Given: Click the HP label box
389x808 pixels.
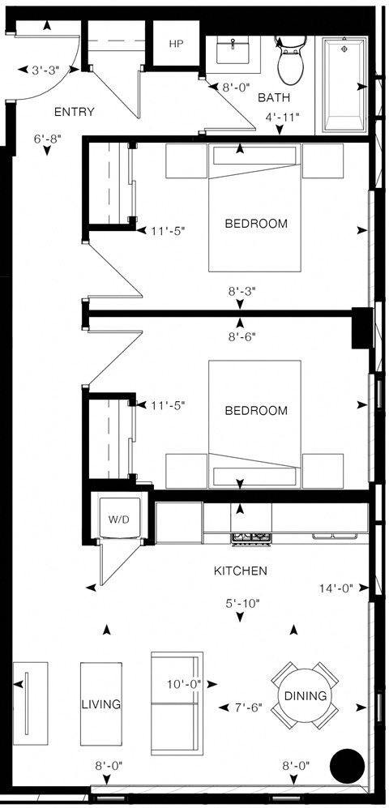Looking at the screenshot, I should [x=176, y=44].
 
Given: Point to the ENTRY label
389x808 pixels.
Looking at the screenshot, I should [x=74, y=112].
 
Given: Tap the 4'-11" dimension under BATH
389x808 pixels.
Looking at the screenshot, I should [x=283, y=118].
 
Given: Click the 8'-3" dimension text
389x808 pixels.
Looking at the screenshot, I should [x=242, y=289].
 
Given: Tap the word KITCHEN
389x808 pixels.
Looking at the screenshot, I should [x=240, y=571].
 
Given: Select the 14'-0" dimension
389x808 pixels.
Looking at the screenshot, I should [x=336, y=589].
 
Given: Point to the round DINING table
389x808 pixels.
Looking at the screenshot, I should [x=305, y=695].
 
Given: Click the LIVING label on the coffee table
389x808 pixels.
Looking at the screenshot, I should [x=100, y=704].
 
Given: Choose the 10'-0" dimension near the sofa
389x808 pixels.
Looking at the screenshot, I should [x=184, y=685].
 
